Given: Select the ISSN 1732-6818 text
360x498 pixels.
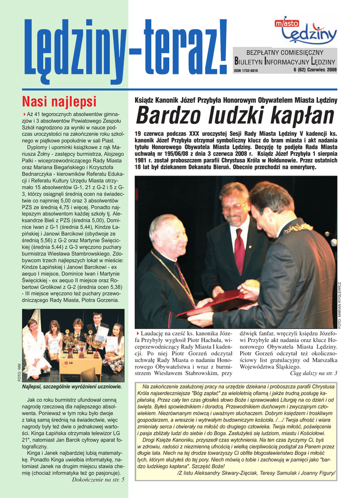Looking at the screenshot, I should pyautogui.click(x=246, y=71).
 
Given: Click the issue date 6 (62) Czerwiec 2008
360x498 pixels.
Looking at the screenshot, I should pyautogui.click(x=315, y=70).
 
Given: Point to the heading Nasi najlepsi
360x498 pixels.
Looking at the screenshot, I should pyautogui.click(x=59, y=101).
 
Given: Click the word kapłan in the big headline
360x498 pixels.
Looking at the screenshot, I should pyautogui.click(x=299, y=116).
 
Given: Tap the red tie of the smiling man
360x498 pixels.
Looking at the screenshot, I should pyautogui.click(x=239, y=250).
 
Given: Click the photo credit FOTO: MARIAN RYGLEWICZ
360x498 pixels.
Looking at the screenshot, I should pyautogui.click(x=340, y=305).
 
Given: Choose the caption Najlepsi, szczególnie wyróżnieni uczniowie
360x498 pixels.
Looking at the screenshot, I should pyautogui.click(x=72, y=387).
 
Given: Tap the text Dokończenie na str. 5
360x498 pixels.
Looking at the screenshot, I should pyautogui.click(x=98, y=480).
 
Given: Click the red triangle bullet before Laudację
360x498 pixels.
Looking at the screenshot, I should pyautogui.click(x=138, y=333).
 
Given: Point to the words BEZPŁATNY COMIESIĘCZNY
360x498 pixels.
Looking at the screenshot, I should pyautogui.click(x=285, y=52).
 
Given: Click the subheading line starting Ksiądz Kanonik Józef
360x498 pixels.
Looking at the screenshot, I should pyautogui.click(x=235, y=100).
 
